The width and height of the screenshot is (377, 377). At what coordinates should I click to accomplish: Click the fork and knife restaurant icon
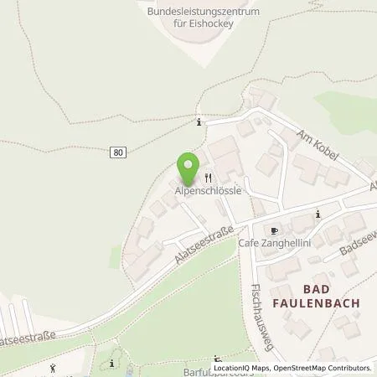coord(207,177)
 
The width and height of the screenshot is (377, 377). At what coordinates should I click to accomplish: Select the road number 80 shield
coord(117,152)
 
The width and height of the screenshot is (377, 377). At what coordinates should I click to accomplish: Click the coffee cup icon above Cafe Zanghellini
coord(273,229)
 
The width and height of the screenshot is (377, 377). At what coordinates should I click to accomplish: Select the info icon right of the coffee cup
coord(318,214)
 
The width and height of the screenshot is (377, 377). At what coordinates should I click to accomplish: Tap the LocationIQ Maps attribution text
coord(245,368)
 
